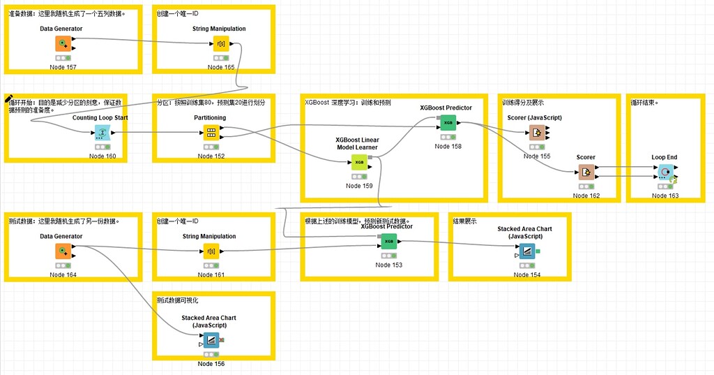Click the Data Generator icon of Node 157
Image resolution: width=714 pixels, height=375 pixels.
click(x=63, y=44)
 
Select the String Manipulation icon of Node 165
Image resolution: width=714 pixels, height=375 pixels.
click(x=215, y=44)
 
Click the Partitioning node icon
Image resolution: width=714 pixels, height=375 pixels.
click(x=210, y=133)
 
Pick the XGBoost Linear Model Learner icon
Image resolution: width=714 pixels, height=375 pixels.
click(x=358, y=163)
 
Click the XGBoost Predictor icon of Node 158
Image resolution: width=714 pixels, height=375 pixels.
click(x=448, y=123)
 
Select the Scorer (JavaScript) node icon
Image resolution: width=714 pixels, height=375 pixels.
click(x=535, y=133)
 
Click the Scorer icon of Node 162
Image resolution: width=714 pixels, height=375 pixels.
click(x=586, y=172)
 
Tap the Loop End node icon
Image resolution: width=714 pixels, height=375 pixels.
click(x=665, y=172)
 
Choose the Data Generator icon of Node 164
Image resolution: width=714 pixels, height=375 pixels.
click(x=63, y=251)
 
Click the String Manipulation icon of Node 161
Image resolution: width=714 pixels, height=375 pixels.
click(x=210, y=251)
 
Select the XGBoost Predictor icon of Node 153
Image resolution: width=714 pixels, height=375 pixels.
click(x=388, y=242)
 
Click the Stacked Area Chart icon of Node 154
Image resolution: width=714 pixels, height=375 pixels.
click(x=526, y=251)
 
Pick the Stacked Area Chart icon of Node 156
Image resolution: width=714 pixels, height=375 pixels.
click(x=210, y=340)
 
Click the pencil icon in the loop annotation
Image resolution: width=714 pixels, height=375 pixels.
click(x=10, y=99)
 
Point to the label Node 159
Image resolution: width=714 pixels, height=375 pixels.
click(x=358, y=186)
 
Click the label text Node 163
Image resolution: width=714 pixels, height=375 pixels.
click(x=664, y=196)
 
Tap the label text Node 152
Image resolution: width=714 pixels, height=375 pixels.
click(x=211, y=156)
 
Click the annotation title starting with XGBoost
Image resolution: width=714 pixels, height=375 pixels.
click(x=347, y=102)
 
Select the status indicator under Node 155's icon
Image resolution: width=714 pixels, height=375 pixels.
click(x=535, y=147)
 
